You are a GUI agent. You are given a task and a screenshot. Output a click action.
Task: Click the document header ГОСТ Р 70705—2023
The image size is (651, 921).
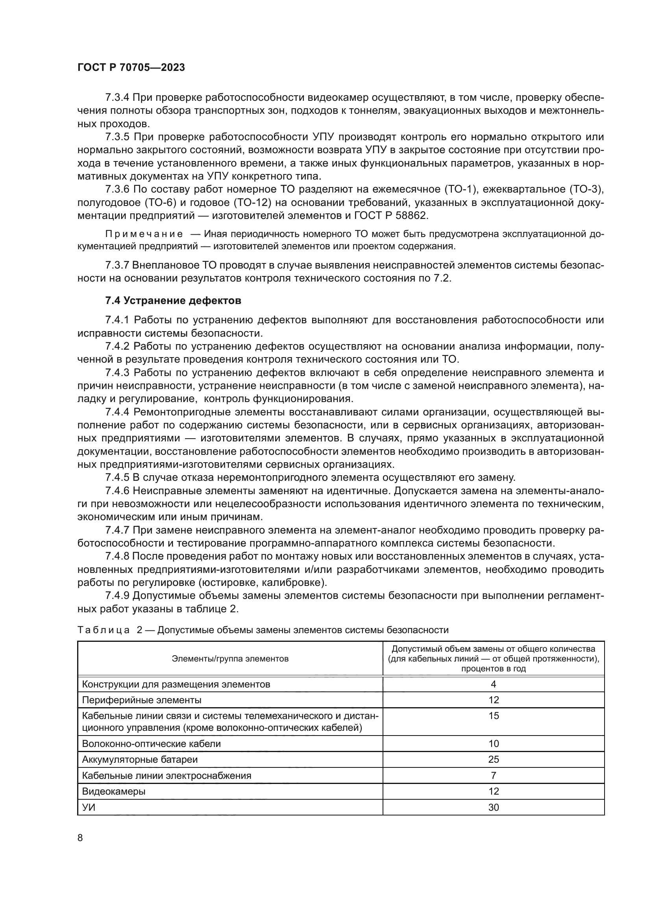point(131,68)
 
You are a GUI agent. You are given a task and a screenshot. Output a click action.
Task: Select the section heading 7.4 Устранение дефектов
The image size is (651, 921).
point(173,300)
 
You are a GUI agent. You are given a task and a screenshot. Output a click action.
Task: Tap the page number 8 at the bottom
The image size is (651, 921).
point(80,838)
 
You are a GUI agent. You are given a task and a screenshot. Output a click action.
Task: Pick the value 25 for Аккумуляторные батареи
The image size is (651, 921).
point(494,759)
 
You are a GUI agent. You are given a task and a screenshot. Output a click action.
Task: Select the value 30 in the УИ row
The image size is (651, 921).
point(494,808)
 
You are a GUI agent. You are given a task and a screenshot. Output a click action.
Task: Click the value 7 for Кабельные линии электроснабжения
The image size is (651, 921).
point(494,775)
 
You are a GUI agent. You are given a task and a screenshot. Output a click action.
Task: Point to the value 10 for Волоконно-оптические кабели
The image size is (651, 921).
point(494,744)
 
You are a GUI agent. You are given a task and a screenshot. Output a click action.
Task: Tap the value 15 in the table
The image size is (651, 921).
point(494,715)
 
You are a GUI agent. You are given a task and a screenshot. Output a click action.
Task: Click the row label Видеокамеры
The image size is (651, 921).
point(113,791)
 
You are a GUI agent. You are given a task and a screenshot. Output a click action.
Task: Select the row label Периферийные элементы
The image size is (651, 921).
point(142,700)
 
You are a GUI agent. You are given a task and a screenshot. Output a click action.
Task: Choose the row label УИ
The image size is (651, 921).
point(89,808)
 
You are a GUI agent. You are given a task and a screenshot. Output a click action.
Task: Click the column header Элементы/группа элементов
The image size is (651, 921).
point(230,659)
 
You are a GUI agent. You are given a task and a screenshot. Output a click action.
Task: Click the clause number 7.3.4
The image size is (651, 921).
point(117,98)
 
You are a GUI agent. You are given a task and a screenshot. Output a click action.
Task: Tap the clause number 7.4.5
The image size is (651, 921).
point(117,478)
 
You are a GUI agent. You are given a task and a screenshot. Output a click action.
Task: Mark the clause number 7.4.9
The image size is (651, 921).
point(117,596)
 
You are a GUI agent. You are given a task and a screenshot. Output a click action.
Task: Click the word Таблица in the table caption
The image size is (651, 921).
point(104,630)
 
